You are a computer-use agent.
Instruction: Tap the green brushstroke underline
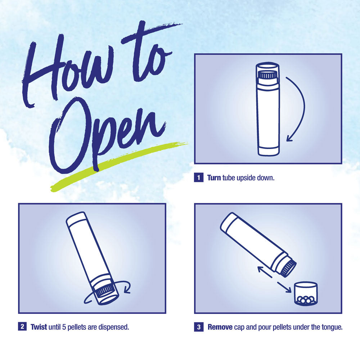(119, 166)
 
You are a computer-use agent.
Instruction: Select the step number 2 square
(22, 327)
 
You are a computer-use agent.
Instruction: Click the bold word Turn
(214, 178)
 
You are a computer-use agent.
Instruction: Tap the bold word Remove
(220, 327)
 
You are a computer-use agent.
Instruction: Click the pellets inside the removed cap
(306, 300)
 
